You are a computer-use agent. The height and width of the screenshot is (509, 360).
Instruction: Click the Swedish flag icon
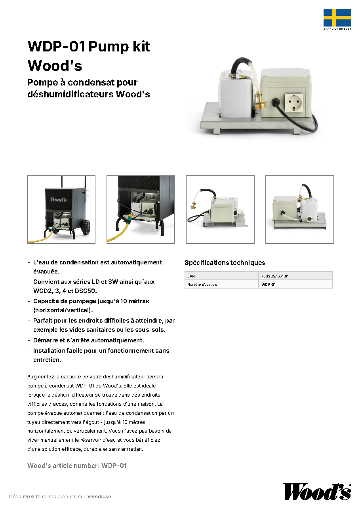click(x=337, y=17)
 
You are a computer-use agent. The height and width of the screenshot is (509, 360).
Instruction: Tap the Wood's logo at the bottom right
click(x=317, y=492)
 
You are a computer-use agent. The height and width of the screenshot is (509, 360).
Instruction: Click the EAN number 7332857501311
click(x=275, y=276)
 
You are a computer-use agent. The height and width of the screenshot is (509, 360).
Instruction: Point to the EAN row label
click(x=191, y=276)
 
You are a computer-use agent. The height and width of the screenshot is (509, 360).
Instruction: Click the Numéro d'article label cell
click(x=221, y=284)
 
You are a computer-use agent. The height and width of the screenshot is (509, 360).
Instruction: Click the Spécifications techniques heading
click(x=225, y=263)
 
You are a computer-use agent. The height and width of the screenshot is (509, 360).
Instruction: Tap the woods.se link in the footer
click(x=99, y=496)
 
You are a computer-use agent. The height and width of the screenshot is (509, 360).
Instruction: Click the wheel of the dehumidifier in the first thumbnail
click(x=86, y=227)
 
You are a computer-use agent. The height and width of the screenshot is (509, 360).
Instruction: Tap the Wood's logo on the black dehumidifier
click(x=59, y=199)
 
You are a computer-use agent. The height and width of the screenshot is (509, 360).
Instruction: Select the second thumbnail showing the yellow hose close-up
click(x=141, y=209)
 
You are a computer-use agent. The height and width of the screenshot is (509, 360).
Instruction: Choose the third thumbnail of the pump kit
click(x=220, y=209)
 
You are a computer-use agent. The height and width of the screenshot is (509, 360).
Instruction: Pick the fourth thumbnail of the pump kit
click(x=299, y=209)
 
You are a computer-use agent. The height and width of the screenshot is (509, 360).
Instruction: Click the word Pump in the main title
click(x=109, y=47)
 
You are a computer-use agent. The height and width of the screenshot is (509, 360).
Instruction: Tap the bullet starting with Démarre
click(x=88, y=340)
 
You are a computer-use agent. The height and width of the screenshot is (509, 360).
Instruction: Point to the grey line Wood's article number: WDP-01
click(x=77, y=465)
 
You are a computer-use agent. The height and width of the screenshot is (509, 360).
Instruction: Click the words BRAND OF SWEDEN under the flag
click(x=337, y=29)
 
